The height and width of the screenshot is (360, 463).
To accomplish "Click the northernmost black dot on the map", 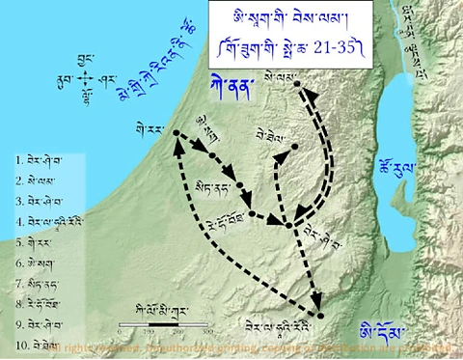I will click(300, 85).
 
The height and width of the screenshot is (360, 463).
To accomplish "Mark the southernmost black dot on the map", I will click(320, 316).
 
